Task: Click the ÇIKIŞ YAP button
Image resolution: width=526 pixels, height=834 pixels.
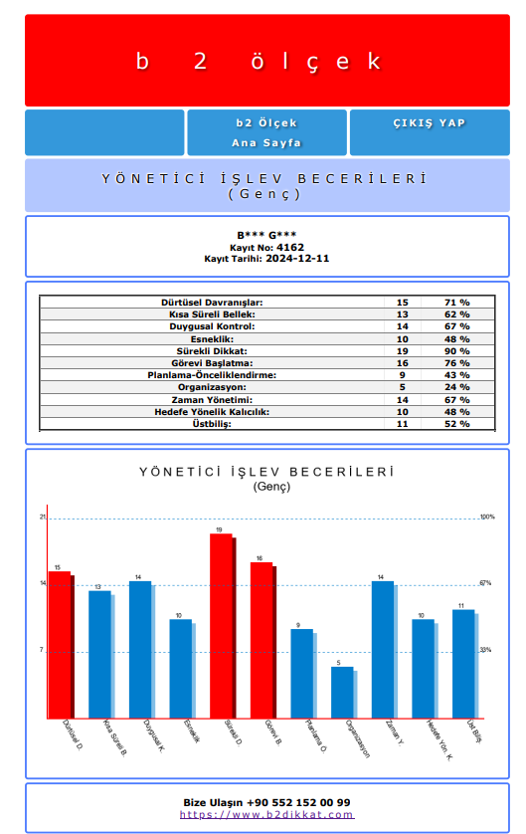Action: point(430,123)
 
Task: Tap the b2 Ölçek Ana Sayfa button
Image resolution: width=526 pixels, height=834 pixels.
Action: point(266,132)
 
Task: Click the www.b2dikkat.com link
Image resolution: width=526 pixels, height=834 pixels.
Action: point(266,814)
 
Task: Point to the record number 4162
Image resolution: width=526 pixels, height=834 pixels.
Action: point(289,247)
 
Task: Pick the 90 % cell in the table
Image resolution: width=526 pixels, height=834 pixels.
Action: point(456,350)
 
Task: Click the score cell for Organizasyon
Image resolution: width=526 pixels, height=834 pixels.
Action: point(402,387)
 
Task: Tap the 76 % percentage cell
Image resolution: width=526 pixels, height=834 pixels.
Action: point(456,362)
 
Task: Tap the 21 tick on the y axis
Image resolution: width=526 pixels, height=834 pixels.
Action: point(43,518)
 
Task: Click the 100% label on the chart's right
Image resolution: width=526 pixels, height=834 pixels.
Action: point(486,518)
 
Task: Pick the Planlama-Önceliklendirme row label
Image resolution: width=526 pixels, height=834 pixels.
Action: point(212,374)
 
